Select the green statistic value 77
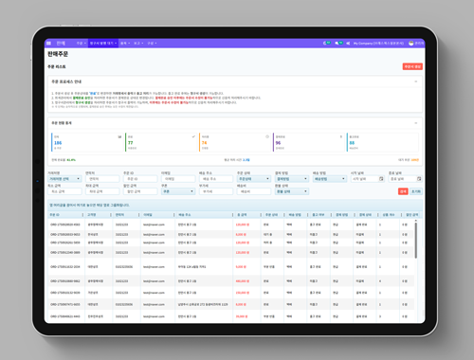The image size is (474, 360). point(131,142)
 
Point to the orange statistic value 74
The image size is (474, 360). point(204,142)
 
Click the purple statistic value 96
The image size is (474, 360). point(278,142)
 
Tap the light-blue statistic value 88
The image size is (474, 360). point(351,142)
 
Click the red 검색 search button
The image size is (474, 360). point(402,190)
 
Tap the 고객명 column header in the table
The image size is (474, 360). point(92,215)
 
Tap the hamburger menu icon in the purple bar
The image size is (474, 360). point(49,43)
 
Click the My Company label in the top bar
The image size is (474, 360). point(365,43)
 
